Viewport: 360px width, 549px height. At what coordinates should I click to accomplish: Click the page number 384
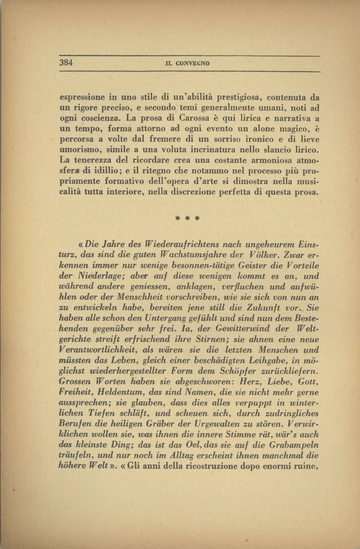tap(66, 63)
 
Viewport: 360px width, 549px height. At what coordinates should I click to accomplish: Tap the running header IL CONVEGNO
tap(189, 64)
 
